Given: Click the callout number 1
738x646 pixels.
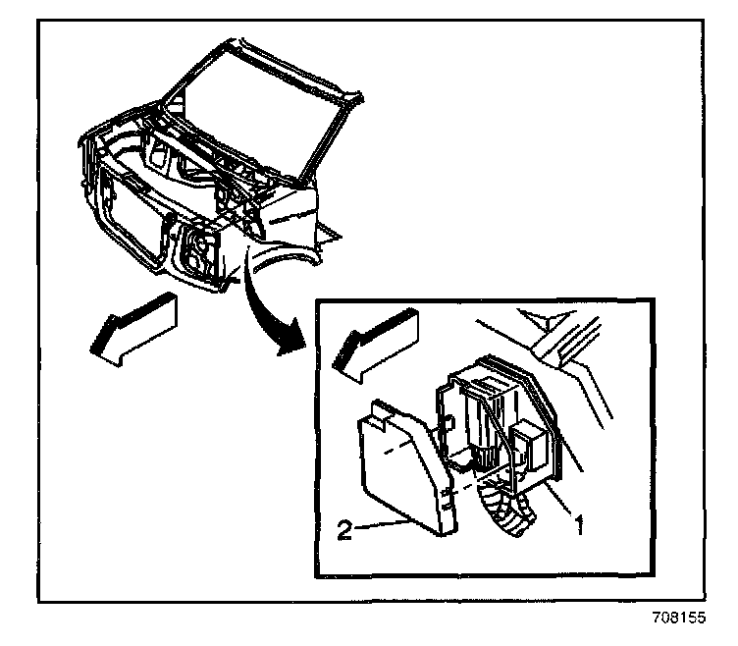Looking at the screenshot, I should tap(580, 526).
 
